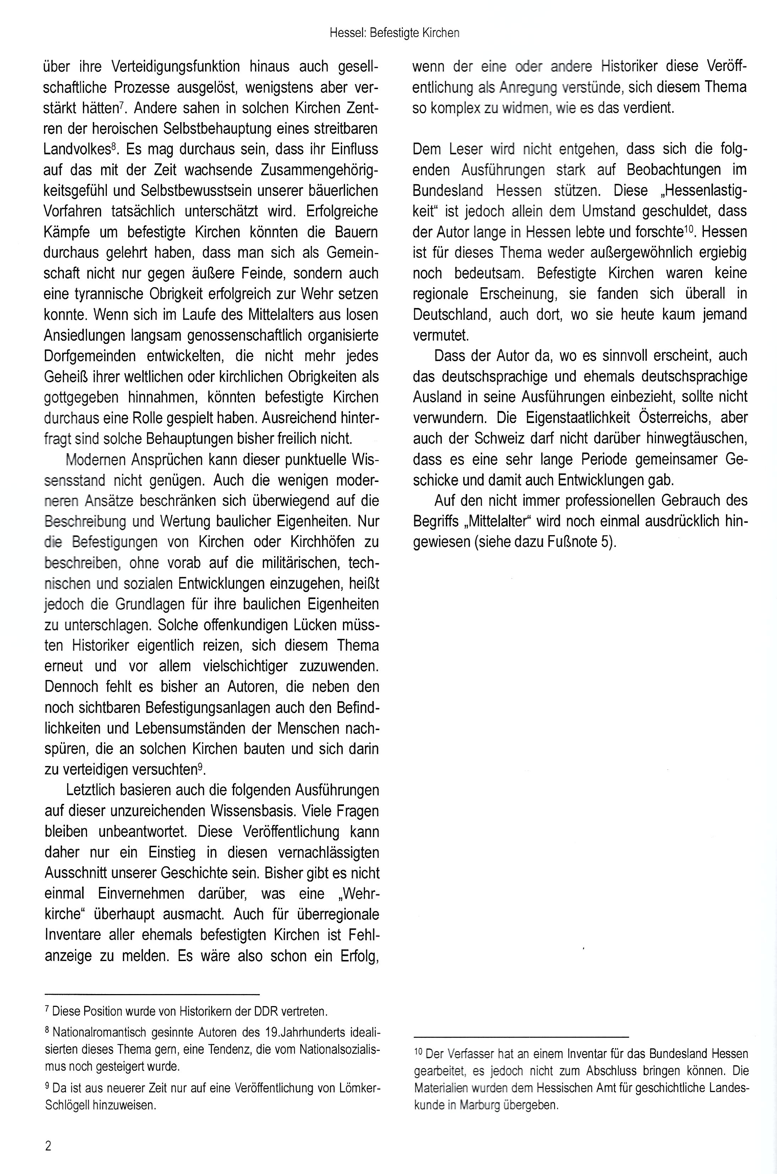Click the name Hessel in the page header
(x=348, y=33)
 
